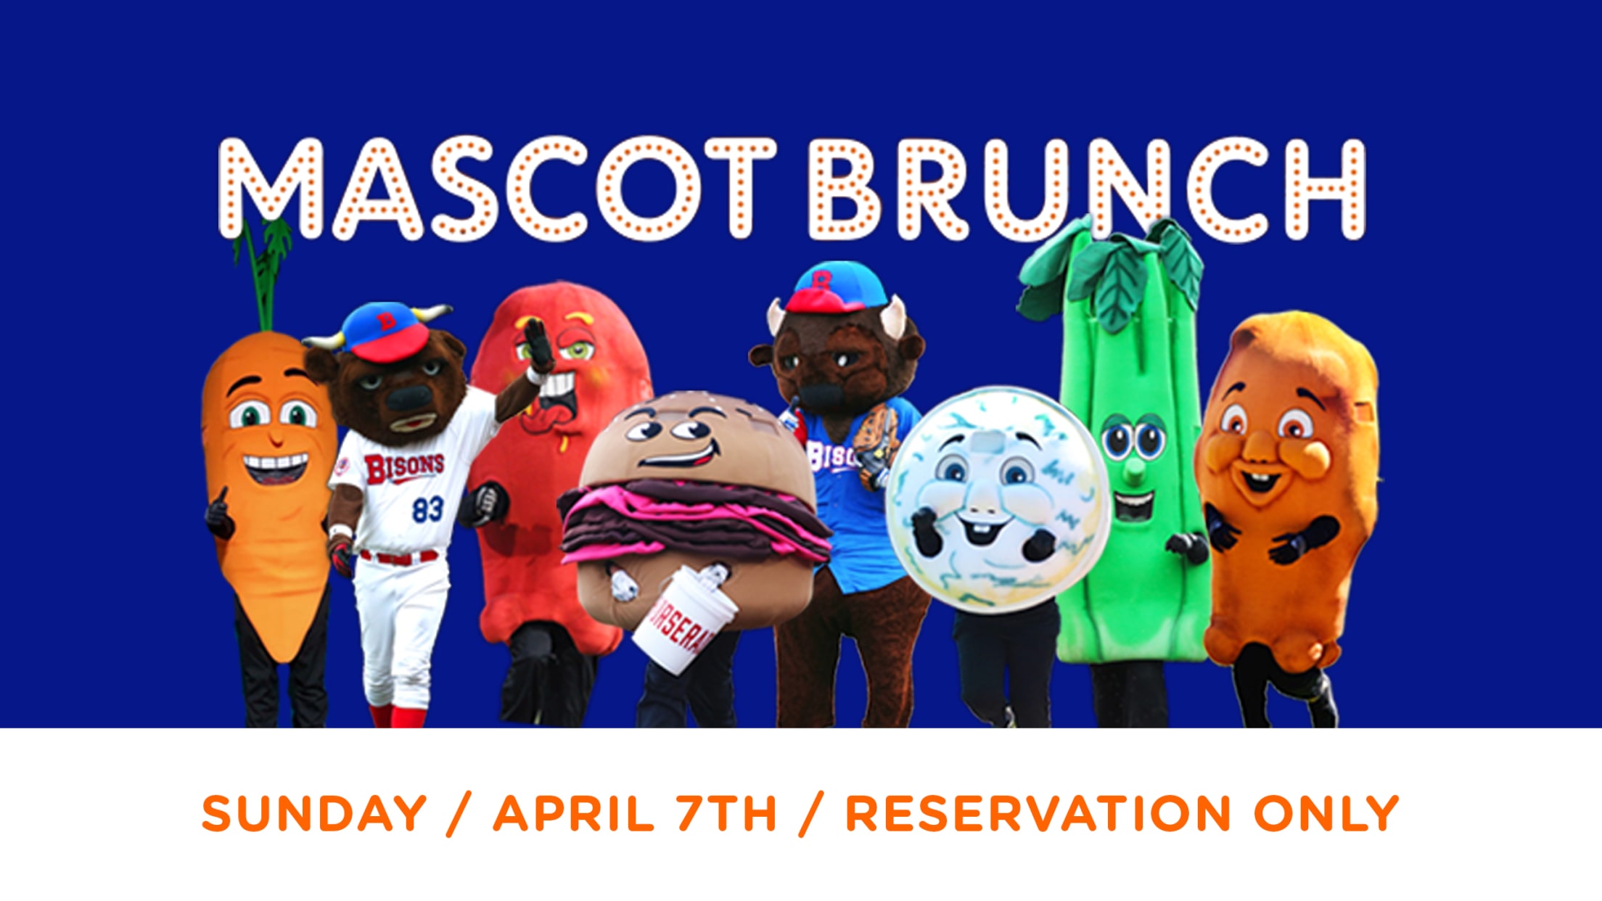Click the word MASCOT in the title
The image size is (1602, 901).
pyautogui.click(x=498, y=189)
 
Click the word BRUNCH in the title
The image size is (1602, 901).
pyautogui.click(x=1088, y=189)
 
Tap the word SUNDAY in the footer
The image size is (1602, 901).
pyautogui.click(x=314, y=813)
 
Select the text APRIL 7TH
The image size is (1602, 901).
pyautogui.click(x=636, y=813)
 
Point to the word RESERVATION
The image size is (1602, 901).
pyautogui.click(x=1038, y=813)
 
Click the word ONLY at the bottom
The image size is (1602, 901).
pyautogui.click(x=1326, y=813)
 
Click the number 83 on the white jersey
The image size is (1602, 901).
pyautogui.click(x=427, y=509)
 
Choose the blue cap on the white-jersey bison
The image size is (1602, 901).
pyautogui.click(x=385, y=332)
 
